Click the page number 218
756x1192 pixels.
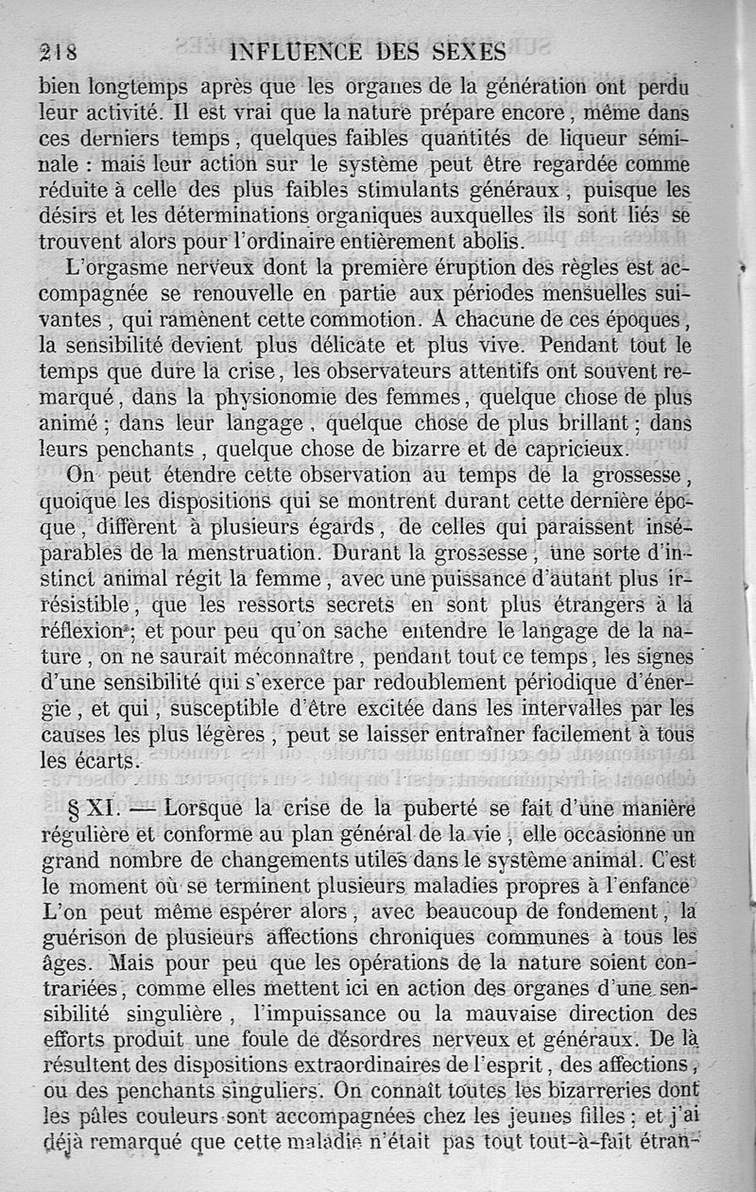coord(58,52)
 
